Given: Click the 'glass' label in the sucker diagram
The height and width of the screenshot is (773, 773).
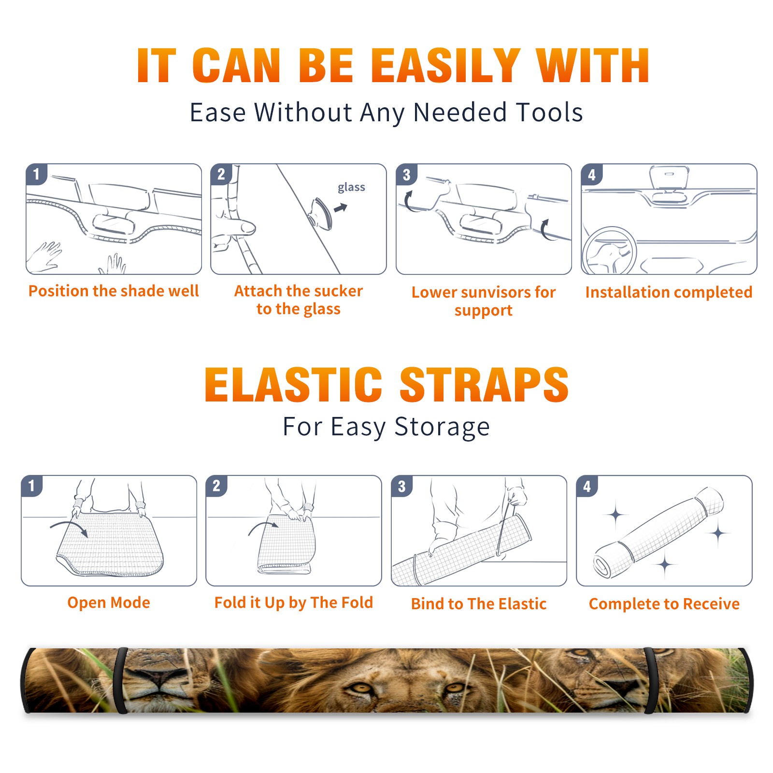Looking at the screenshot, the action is [x=351, y=187].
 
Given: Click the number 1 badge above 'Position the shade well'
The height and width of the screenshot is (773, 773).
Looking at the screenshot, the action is [x=36, y=173].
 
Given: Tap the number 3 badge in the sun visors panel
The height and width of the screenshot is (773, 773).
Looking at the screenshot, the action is [x=406, y=174].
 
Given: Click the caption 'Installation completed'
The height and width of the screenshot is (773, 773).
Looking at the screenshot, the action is [x=669, y=292].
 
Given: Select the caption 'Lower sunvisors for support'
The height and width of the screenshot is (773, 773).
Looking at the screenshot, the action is [x=484, y=301].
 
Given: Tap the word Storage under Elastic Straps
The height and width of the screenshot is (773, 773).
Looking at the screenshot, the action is [x=442, y=427].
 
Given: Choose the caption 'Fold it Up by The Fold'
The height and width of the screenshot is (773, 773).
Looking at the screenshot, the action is [x=294, y=603].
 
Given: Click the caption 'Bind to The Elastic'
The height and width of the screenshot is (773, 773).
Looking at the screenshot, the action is [x=479, y=604].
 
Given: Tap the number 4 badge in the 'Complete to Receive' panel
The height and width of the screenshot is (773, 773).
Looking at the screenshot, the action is [x=587, y=486].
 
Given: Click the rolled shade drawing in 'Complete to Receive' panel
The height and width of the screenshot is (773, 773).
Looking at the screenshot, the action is [x=658, y=533].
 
